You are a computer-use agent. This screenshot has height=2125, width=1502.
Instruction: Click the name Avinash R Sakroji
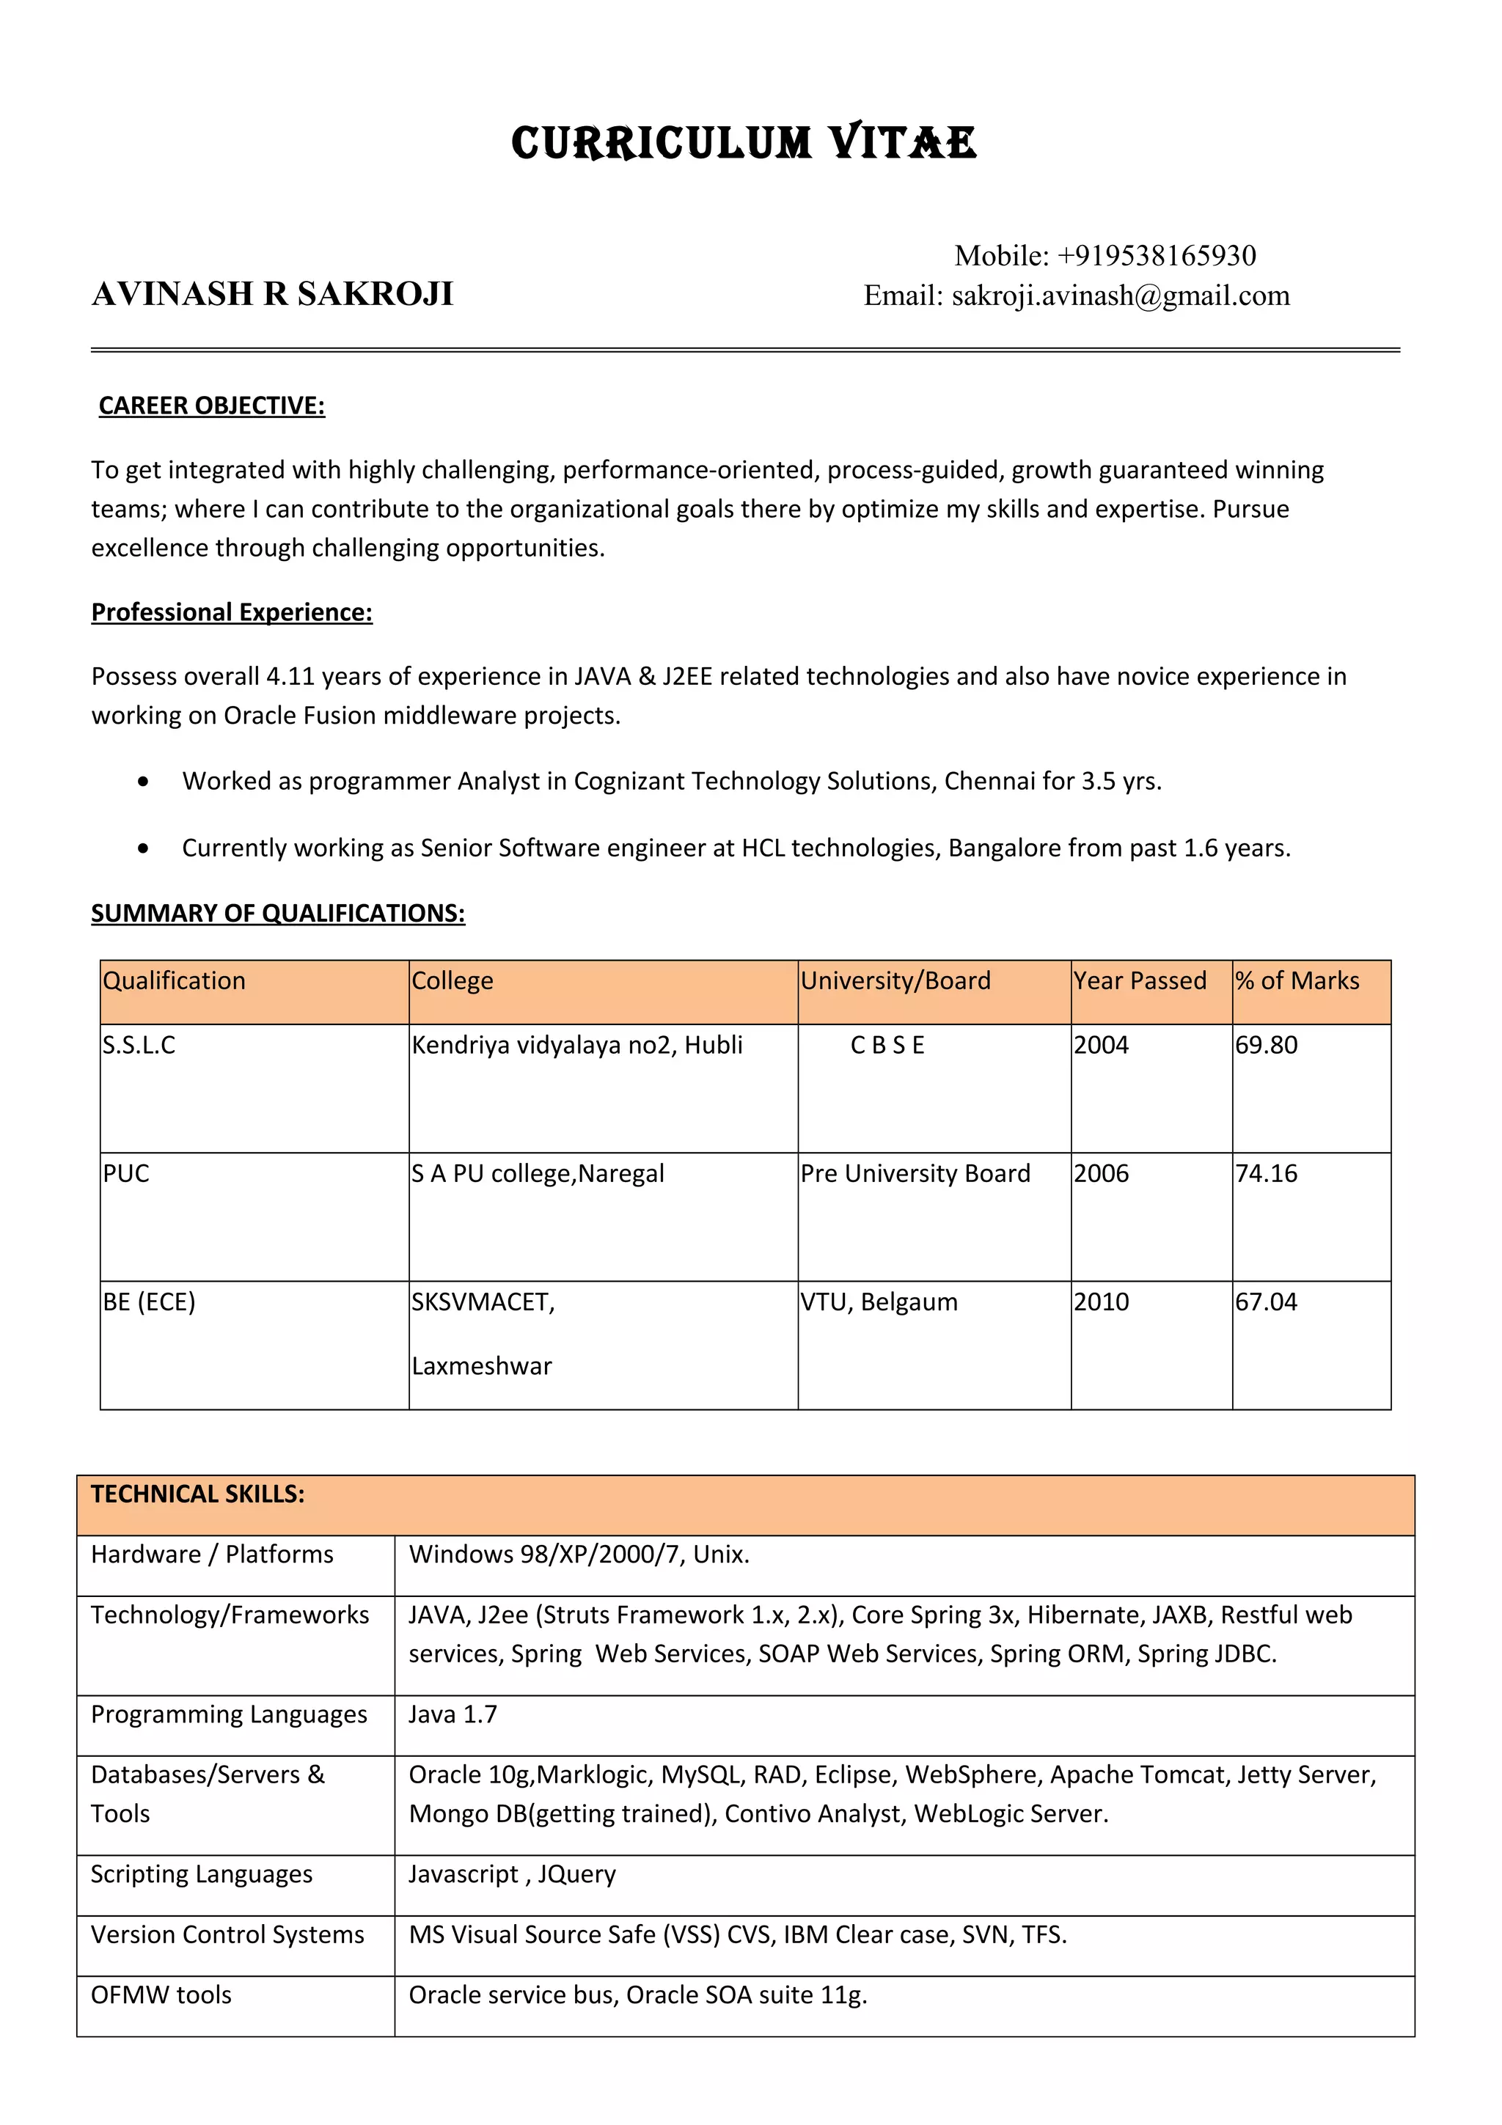point(272,294)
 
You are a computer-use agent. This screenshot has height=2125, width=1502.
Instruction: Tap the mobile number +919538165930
point(1156,255)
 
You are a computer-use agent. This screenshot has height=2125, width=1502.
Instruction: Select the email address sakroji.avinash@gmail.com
point(1120,296)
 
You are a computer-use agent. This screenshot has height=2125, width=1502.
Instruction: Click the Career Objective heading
point(212,406)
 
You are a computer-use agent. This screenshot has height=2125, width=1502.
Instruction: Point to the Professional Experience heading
point(231,613)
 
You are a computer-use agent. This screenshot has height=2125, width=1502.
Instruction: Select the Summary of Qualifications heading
point(278,914)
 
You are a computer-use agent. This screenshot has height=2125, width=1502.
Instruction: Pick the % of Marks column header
point(1297,981)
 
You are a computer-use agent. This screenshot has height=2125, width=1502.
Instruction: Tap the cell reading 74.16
point(1266,1173)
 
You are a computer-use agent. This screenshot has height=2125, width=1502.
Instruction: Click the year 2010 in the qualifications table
point(1102,1302)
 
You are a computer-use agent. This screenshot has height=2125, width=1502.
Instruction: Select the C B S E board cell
point(887,1046)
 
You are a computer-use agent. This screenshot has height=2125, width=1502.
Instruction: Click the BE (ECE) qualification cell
point(149,1302)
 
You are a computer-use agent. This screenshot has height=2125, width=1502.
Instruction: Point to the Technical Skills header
point(197,1494)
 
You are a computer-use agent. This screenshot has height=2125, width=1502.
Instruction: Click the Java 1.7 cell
point(453,1715)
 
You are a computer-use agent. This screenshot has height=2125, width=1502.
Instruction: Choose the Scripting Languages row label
point(201,1874)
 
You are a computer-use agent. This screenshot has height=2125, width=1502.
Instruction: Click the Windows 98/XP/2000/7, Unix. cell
point(579,1555)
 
